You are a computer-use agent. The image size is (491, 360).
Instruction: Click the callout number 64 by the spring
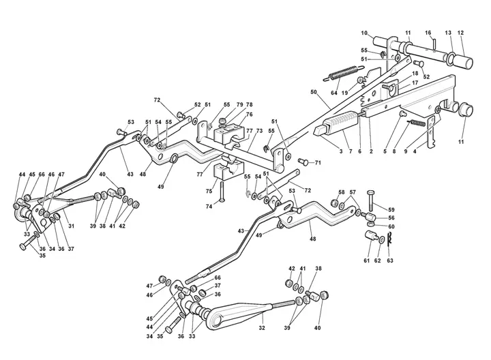pyautogui.click(x=333, y=93)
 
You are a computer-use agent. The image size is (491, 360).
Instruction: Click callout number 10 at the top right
pyautogui.click(x=364, y=33)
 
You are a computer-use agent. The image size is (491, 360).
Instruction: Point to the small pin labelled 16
pyautogui.click(x=434, y=43)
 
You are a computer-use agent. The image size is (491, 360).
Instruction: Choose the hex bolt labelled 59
pyautogui.click(x=370, y=200)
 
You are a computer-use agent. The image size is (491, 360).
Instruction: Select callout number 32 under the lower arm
pyautogui.click(x=262, y=328)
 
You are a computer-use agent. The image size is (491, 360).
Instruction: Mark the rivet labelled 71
pyautogui.click(x=303, y=162)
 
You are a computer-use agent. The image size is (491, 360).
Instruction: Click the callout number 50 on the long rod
pyautogui.click(x=314, y=92)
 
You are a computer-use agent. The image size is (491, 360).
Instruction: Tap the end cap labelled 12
pyautogui.click(x=464, y=60)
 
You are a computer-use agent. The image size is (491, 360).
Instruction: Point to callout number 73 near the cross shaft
pyautogui.click(x=259, y=130)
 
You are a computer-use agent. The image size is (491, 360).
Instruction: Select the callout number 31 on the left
pyautogui.click(x=71, y=226)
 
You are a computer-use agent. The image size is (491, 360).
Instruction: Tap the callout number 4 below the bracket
pyautogui.click(x=415, y=151)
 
